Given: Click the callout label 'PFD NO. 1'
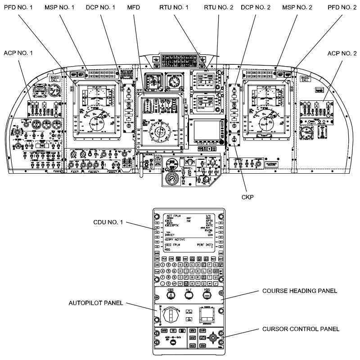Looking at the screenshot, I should click(x=19, y=7).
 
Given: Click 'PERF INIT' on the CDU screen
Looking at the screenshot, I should click(x=205, y=245).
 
